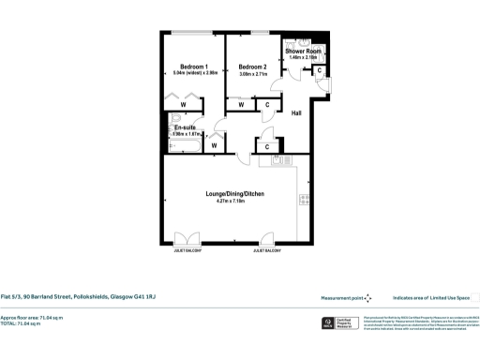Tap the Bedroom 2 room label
click(252, 67)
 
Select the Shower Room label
click(304, 51)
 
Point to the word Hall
click(296, 113)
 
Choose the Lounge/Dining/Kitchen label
click(230, 193)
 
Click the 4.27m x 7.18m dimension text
click(230, 201)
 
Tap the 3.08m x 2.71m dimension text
click(252, 74)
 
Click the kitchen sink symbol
click(281, 161)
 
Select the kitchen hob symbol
click(304, 198)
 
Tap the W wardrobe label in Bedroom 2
click(241, 105)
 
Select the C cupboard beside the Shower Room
click(320, 70)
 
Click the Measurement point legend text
click(341, 297)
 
